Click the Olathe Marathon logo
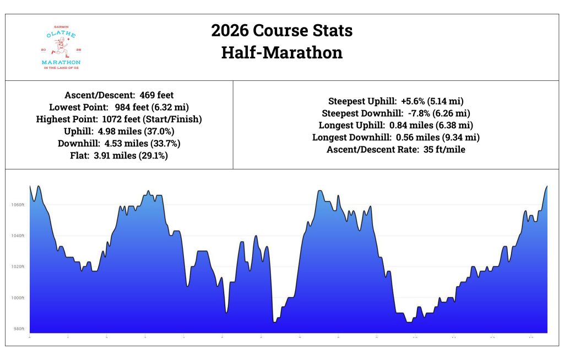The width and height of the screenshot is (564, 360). pos(61,47)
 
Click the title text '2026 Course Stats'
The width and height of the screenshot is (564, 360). pos(281,30)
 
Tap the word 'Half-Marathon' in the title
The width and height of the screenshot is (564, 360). pos(281,52)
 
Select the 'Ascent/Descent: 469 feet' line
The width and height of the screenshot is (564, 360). pos(119,95)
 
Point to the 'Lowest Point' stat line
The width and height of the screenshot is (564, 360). pos(119,107)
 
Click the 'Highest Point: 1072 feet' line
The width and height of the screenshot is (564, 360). pos(119,119)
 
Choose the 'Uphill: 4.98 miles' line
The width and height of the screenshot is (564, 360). pos(119,132)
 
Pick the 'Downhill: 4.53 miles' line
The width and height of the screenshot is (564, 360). pos(119,144)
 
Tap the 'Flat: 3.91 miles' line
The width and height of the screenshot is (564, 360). pos(119,156)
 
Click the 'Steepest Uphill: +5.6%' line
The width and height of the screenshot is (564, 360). pos(395,101)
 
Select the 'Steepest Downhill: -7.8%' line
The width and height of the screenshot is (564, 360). pos(395,113)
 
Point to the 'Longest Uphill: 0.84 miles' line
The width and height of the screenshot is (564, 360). pos(395,126)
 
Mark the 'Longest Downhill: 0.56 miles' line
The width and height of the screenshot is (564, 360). pos(395,138)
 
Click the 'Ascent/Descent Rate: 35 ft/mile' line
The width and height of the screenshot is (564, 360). pos(395,150)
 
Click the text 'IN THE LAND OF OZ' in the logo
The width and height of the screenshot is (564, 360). pos(61,68)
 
